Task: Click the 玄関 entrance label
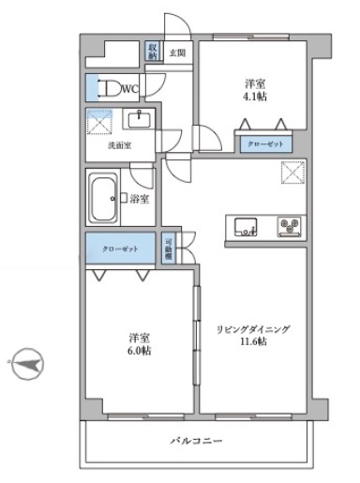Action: tap(177, 53)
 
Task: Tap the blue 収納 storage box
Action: tap(153, 52)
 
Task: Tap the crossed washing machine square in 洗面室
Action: tap(98, 122)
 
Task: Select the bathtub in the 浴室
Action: tap(103, 198)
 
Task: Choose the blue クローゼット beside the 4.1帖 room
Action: tap(262, 145)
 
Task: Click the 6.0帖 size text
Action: tap(140, 351)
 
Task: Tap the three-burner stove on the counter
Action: tap(290, 226)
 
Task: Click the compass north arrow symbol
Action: tap(27, 363)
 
